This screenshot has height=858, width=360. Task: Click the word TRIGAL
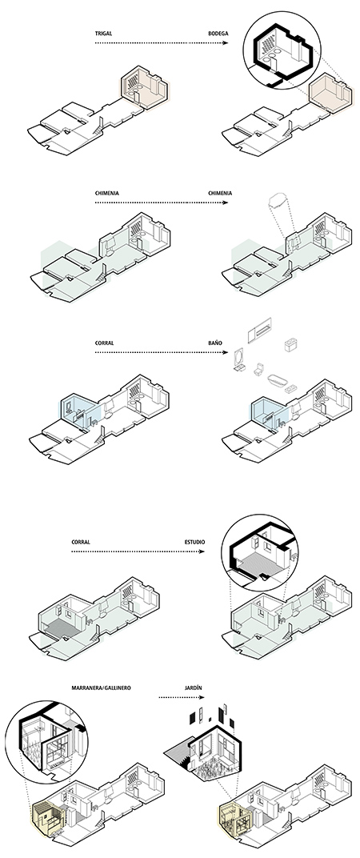pos(103,34)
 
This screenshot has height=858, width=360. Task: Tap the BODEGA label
pos(218,34)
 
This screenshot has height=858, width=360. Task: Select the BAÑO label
pos(215,343)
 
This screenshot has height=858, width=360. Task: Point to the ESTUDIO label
pos(194,543)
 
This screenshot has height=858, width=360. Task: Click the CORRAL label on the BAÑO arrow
pos(105,343)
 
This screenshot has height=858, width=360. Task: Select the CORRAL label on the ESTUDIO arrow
pos(81,543)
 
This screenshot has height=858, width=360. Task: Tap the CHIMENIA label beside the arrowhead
pos(220,193)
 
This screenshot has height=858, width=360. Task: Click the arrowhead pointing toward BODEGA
pos(226,42)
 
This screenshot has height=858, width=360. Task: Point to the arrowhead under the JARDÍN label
pos(202,697)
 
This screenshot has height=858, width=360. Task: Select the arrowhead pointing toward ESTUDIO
pos(202,551)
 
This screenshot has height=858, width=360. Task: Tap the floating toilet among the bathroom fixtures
pos(258,368)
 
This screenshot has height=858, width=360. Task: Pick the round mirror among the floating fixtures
pos(240,357)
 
